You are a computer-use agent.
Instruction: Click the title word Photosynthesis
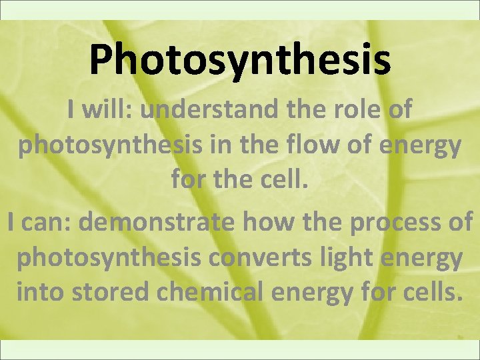(x=239, y=59)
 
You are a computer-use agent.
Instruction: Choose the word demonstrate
(x=157, y=222)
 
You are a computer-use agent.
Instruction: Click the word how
(x=263, y=222)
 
